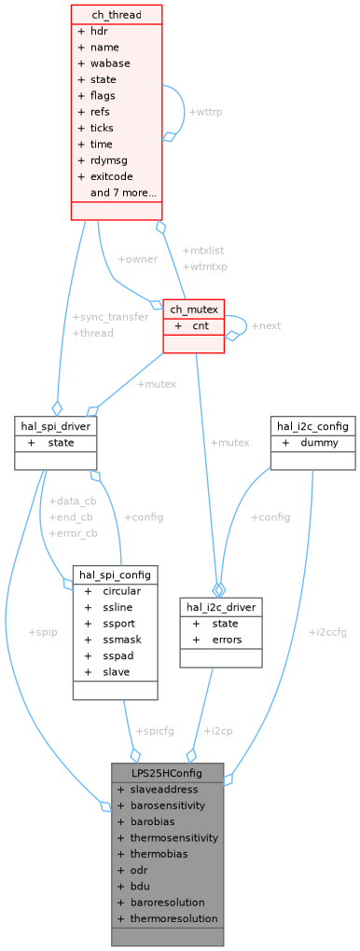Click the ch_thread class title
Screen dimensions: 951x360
pos(117,14)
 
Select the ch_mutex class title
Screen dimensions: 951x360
pos(194,310)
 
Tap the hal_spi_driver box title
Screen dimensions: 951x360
pos(57,426)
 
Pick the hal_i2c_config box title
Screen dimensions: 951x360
pos(313,426)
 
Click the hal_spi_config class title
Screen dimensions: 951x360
pos(115,574)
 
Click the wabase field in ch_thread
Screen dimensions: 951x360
pos(110,63)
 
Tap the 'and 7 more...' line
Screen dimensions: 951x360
pos(123,193)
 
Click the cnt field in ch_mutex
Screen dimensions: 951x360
pos(201,326)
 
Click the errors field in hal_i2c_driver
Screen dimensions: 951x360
pos(227,640)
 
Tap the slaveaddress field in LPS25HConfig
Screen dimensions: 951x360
pos(164,790)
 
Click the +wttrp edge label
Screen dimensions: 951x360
pos(205,112)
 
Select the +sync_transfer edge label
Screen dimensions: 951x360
pos(110,317)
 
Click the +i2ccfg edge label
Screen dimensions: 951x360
pos(327,631)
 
